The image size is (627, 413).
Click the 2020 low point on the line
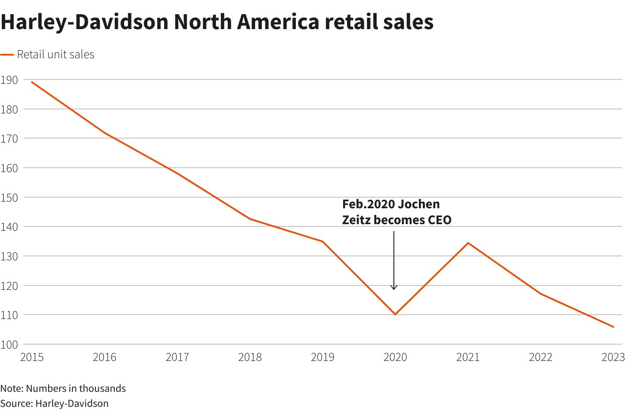(395, 314)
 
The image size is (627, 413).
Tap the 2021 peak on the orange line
(468, 243)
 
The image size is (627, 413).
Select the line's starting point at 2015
(32, 82)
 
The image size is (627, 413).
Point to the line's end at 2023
(613, 327)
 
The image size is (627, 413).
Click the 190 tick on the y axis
(9, 80)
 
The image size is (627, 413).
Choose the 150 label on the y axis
(9, 197)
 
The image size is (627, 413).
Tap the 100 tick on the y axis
(9, 345)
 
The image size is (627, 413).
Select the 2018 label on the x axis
(250, 357)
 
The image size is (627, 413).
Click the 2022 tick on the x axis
(540, 357)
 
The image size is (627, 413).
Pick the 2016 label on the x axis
(105, 357)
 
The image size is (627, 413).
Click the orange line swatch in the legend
(7, 55)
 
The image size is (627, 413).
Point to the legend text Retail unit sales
(56, 55)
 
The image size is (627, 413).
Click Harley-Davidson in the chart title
(85, 22)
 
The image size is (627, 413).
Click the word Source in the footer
(16, 403)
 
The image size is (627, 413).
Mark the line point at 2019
(322, 241)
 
